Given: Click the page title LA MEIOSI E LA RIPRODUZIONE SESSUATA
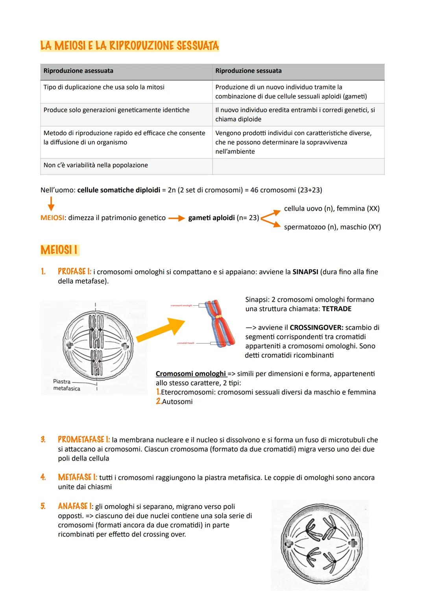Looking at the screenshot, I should pyautogui.click(x=129, y=46).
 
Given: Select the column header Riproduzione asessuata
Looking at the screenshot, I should pyautogui.click(x=78, y=71).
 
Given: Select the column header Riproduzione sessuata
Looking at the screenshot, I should pyautogui.click(x=248, y=71).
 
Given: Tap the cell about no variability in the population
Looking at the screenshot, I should pyautogui.click(x=96, y=165).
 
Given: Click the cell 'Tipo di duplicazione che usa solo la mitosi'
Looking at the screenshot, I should pyautogui.click(x=104, y=87).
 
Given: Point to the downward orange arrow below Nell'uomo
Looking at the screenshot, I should pyautogui.click(x=51, y=204).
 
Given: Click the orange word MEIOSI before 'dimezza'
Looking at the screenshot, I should pyautogui.click(x=52, y=218).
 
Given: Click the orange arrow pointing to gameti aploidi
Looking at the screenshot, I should pyautogui.click(x=177, y=218).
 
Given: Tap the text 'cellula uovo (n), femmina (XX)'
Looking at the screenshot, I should pyautogui.click(x=331, y=209).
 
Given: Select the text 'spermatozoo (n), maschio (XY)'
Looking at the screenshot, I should pyautogui.click(x=332, y=227).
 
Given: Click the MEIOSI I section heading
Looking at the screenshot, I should pyautogui.click(x=59, y=250).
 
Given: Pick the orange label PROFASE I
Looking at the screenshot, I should pyautogui.click(x=74, y=272).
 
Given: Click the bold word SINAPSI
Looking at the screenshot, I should pyautogui.click(x=305, y=272).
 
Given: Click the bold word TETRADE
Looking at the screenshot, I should pyautogui.click(x=336, y=309).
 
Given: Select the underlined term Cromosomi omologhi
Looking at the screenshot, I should pyautogui.click(x=191, y=374).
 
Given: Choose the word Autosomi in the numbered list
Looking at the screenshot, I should pyautogui.click(x=177, y=402).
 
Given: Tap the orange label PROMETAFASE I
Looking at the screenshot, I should pyautogui.click(x=83, y=440).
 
